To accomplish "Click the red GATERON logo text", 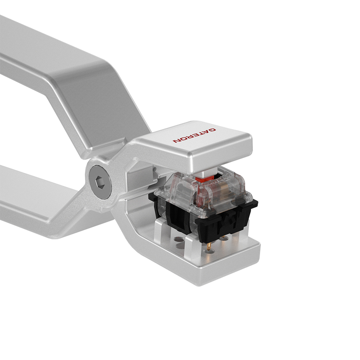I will tap(194, 135).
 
